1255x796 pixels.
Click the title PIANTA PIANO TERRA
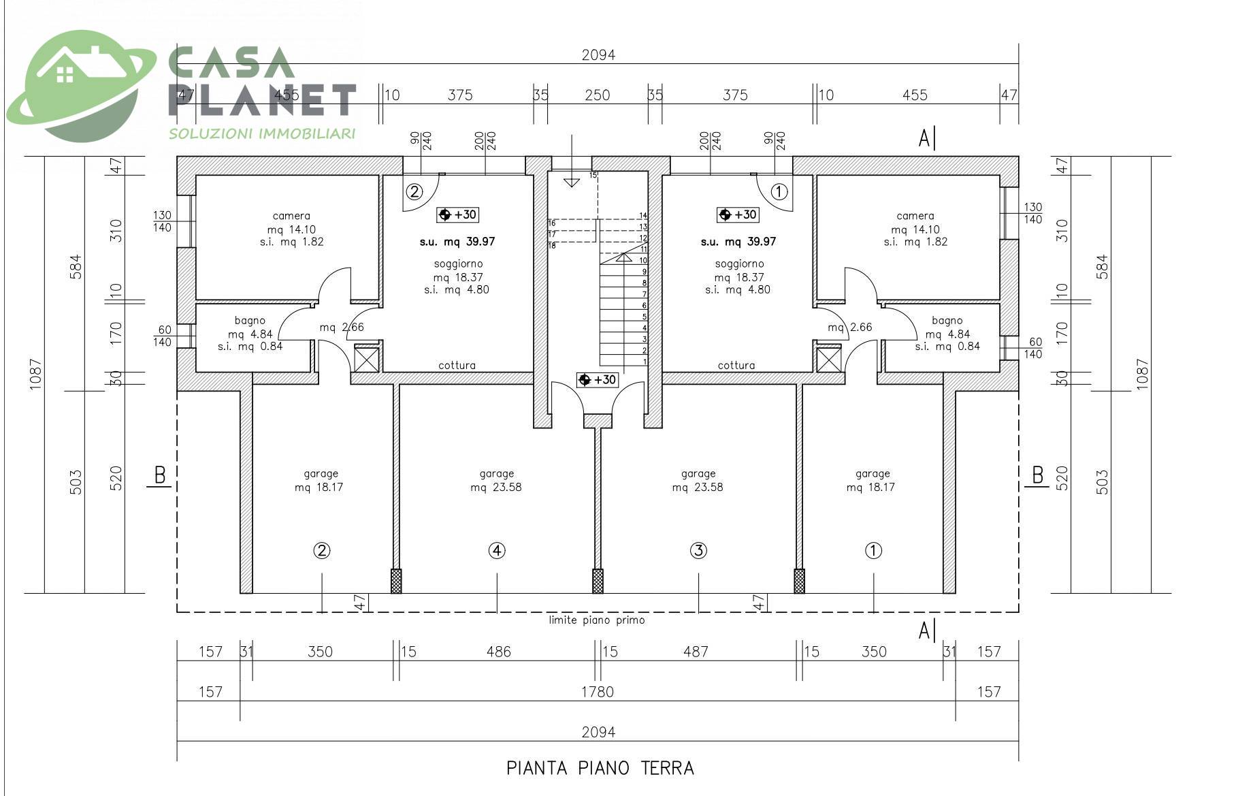tap(600, 768)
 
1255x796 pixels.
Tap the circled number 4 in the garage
tap(497, 550)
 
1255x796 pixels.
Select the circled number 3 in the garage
tap(698, 550)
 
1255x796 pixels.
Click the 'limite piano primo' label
tap(597, 620)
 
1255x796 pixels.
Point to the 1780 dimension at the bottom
tap(597, 692)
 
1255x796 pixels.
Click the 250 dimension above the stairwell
tap(597, 95)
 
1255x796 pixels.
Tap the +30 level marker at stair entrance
tap(597, 380)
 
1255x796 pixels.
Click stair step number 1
tap(644, 362)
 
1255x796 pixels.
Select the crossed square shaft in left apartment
tap(367, 360)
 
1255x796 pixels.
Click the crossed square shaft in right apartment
tap(828, 360)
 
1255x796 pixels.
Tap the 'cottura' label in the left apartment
tap(457, 366)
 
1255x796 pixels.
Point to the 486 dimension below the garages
tap(498, 652)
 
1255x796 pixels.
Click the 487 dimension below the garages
tap(696, 652)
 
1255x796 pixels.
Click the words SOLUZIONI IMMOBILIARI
tap(262, 133)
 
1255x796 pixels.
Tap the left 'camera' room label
tap(291, 216)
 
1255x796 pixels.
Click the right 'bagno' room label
tap(947, 321)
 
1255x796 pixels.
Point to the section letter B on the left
tap(160, 475)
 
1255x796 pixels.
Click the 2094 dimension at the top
tap(598, 55)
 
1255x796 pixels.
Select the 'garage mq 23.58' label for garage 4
tap(496, 480)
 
